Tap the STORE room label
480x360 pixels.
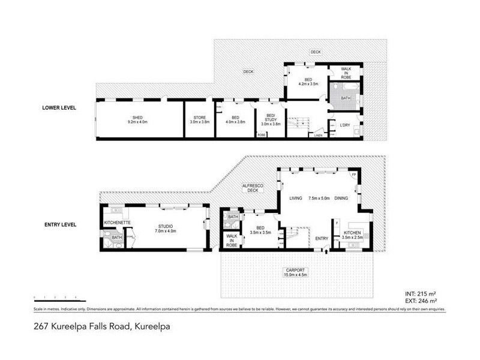pos(199,117)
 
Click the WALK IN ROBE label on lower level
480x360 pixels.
pos(346,72)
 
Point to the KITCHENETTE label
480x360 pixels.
pos(115,223)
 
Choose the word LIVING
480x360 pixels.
pos(296,198)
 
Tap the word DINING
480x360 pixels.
pos(342,198)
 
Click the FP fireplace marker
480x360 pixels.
pos(353,175)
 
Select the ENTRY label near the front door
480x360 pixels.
pos(322,239)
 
